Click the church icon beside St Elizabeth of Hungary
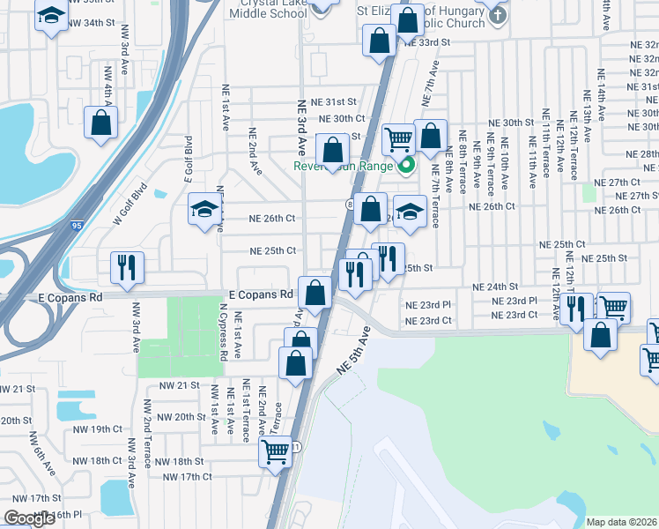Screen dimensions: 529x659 498,15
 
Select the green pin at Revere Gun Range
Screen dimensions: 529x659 406,164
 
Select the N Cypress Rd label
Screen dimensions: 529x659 225,332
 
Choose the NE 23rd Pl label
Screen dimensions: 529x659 428,304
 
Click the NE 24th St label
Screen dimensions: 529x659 495,287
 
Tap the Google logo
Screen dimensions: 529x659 29,518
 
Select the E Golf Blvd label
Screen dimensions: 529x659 188,159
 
